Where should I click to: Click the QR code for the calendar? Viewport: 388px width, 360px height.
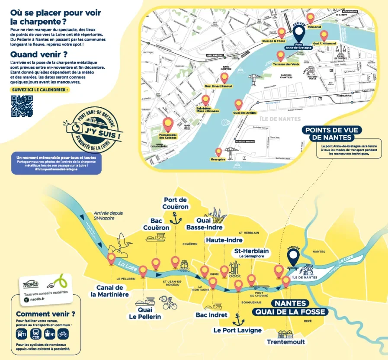click(22, 106)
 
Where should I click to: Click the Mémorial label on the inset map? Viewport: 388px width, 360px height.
click(314, 27)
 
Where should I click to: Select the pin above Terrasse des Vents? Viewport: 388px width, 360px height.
click(281, 55)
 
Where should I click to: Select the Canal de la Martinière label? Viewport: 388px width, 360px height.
click(109, 291)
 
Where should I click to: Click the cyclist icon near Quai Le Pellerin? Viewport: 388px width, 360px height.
click(168, 302)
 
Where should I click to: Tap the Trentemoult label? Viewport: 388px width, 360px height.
click(285, 342)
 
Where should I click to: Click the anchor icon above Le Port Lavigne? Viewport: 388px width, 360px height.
click(237, 320)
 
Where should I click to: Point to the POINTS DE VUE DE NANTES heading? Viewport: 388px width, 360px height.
click(333, 134)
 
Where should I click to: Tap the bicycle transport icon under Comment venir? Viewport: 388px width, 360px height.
click(63, 334)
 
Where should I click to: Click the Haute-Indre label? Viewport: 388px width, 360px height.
click(224, 240)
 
